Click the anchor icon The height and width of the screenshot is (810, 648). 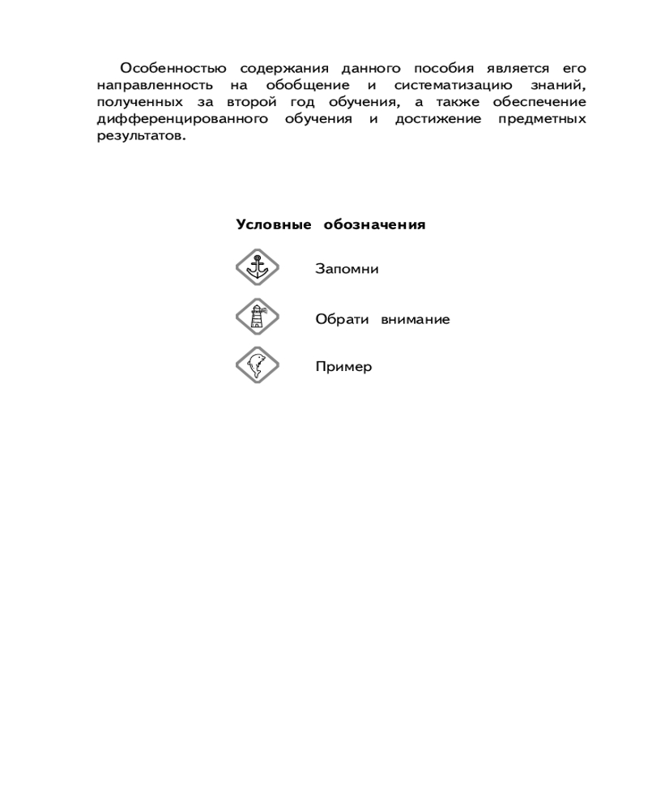(x=258, y=267)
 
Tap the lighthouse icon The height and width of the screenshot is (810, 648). (x=258, y=317)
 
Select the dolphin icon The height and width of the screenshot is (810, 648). (x=258, y=366)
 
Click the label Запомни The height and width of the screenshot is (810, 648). (x=347, y=269)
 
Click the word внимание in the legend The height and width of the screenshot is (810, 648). (x=416, y=319)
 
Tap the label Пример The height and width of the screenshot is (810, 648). (x=343, y=367)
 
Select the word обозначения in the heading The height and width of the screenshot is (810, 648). (x=374, y=224)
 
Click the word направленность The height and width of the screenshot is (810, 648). (x=155, y=84)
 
